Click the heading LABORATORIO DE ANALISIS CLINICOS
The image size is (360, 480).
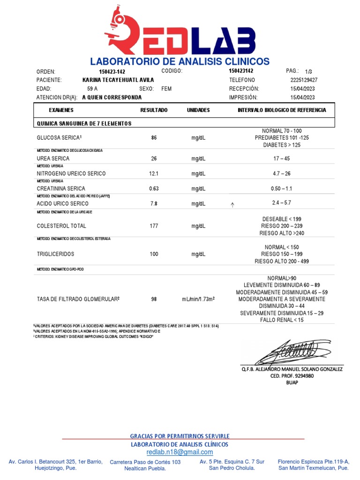pyautogui.click(x=180, y=61)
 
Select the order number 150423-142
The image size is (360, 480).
pyautogui.click(x=112, y=72)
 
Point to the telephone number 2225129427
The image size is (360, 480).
pyautogui.click(x=304, y=80)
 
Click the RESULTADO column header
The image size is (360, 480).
pyautogui.click(x=154, y=110)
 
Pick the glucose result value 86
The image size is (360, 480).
pyautogui.click(x=154, y=138)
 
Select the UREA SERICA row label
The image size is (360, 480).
pyautogui.click(x=53, y=158)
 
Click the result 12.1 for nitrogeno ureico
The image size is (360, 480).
pyautogui.click(x=154, y=173)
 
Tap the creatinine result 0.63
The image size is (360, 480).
pyautogui.click(x=154, y=188)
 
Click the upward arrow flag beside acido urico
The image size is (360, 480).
pyautogui.click(x=232, y=205)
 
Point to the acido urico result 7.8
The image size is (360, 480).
pyautogui.click(x=154, y=204)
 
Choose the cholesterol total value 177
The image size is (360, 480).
pyautogui.click(x=154, y=226)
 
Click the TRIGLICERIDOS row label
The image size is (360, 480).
pyautogui.click(x=55, y=254)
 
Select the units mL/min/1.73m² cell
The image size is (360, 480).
pyautogui.click(x=198, y=299)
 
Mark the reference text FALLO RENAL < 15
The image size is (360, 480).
pyautogui.click(x=281, y=320)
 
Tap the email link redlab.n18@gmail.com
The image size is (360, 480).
pyautogui.click(x=180, y=452)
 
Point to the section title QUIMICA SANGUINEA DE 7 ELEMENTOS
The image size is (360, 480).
pyautogui.click(x=84, y=123)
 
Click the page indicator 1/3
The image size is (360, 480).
pyautogui.click(x=308, y=72)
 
